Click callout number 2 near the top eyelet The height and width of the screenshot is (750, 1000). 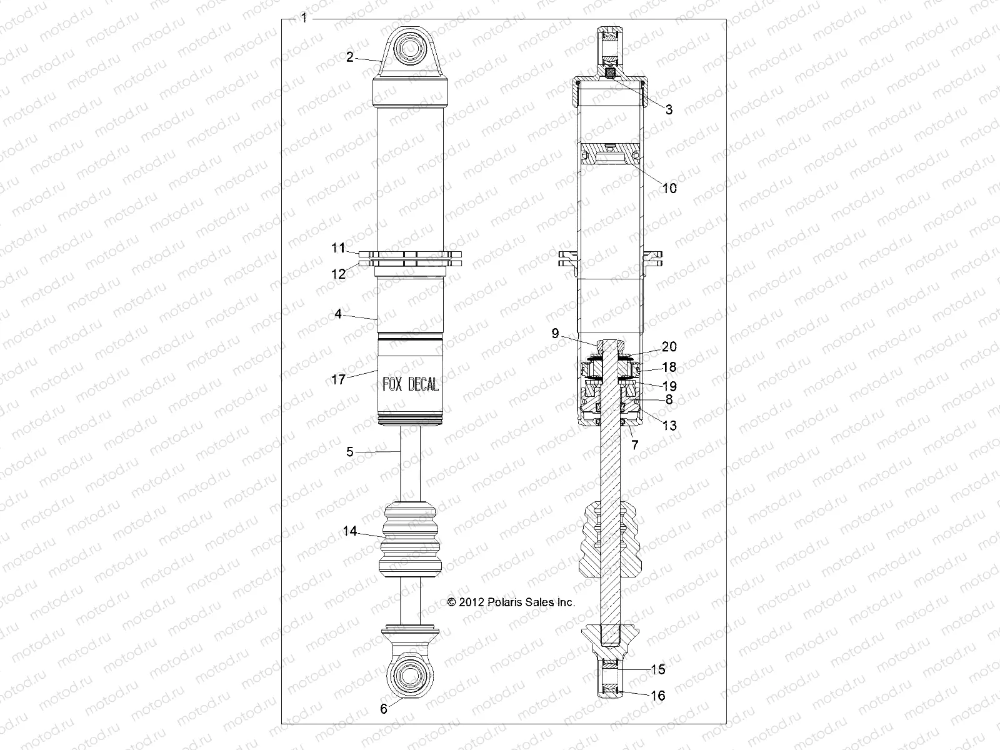tap(350, 57)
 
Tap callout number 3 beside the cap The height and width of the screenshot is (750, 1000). tap(669, 109)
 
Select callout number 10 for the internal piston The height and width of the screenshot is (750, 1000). tap(669, 188)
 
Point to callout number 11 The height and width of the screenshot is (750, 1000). tap(338, 248)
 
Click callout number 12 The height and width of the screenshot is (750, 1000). tap(338, 273)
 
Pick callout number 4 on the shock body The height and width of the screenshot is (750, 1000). tap(338, 314)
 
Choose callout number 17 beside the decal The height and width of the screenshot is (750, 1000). tap(338, 379)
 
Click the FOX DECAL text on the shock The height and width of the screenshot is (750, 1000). tap(410, 385)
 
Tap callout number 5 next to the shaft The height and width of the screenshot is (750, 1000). tap(350, 451)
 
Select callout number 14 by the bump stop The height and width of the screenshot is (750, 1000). tap(350, 531)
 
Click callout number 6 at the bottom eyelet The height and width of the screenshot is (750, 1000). tap(384, 709)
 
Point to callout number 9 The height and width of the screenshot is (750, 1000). tap(555, 334)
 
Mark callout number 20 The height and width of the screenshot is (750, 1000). tap(669, 347)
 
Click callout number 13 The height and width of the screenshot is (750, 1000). tap(669, 426)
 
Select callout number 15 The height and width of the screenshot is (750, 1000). tap(657, 669)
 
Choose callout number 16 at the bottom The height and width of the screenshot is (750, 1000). tap(657, 696)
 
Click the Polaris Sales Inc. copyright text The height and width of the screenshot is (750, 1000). tap(511, 602)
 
